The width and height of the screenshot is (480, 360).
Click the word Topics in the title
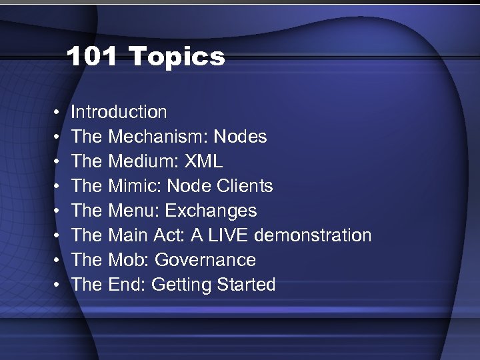(x=177, y=57)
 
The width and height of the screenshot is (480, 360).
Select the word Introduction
(x=119, y=112)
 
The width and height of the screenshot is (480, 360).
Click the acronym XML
(x=205, y=161)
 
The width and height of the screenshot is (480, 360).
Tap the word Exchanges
(x=211, y=211)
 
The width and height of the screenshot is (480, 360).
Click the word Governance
(x=204, y=260)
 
